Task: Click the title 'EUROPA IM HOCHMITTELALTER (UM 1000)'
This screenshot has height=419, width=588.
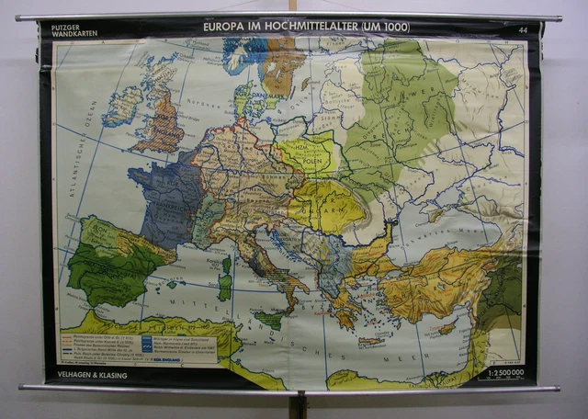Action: (306, 28)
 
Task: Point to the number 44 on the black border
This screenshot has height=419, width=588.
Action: (522, 31)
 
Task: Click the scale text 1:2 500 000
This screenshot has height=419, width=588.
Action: (507, 374)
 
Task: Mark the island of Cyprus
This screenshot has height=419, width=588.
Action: (447, 328)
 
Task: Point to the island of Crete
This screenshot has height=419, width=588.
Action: (371, 341)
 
